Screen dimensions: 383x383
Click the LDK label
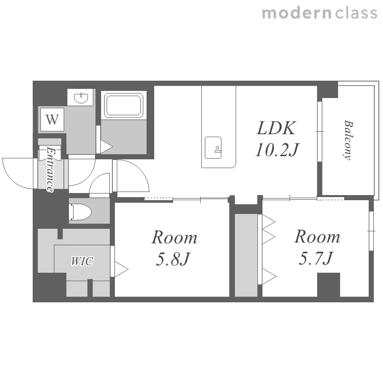pyautogui.click(x=276, y=128)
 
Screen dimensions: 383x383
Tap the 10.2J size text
pyautogui.click(x=277, y=150)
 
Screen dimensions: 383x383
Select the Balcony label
pyautogui.click(x=348, y=140)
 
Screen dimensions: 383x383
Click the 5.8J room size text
pyautogui.click(x=173, y=259)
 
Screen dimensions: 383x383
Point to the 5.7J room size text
pyautogui.click(x=316, y=258)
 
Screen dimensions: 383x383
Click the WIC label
pyautogui.click(x=82, y=261)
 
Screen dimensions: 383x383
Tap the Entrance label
pyautogui.click(x=51, y=169)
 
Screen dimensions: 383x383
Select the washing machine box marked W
pyautogui.click(x=52, y=119)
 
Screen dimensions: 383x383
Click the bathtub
pyautogui.click(x=124, y=105)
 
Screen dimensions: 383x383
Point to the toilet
pyautogui.click(x=80, y=212)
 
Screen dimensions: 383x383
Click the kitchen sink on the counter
pyautogui.click(x=213, y=148)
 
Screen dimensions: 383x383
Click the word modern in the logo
pyautogui.click(x=297, y=13)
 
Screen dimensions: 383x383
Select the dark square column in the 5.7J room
pyautogui.click(x=328, y=284)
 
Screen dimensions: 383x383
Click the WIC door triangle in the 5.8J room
pyautogui.click(x=122, y=270)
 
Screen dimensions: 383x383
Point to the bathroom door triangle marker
pyautogui.click(x=107, y=147)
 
